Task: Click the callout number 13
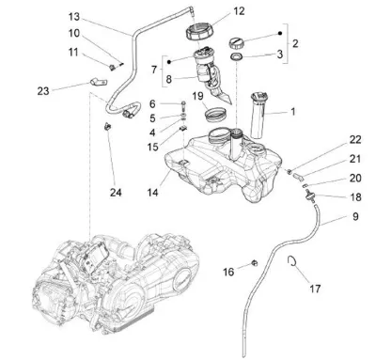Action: tap(74, 17)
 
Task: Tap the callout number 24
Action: tap(116, 193)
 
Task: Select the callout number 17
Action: tap(315, 289)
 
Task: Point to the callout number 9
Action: tap(355, 216)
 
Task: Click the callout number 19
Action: tap(197, 96)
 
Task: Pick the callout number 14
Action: tap(153, 193)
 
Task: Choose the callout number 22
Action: tap(355, 140)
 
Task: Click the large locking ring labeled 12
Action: tap(199, 32)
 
